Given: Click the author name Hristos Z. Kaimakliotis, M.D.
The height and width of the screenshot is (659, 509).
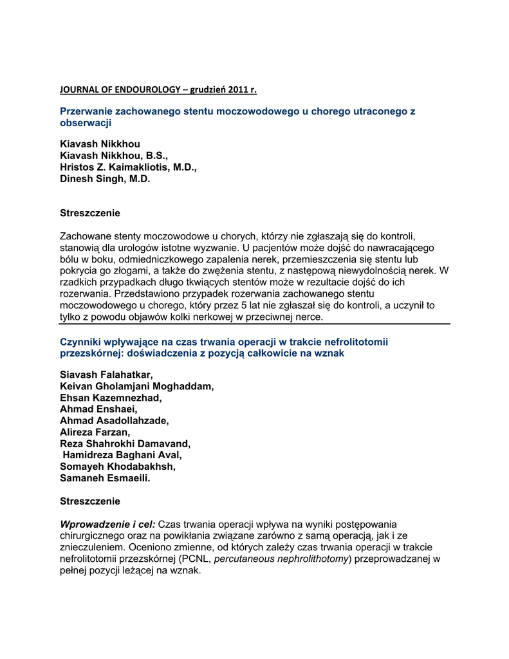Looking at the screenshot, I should point(128,167).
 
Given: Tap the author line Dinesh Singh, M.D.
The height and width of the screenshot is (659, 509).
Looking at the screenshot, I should point(105,180).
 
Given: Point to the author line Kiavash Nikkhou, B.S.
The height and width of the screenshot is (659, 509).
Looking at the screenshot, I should point(113,156).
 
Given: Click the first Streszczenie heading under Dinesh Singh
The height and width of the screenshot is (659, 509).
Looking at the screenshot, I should point(90,212).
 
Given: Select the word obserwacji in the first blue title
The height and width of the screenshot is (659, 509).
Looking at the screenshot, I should point(86,123).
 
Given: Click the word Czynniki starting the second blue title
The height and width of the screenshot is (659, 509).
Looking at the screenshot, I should point(81,342).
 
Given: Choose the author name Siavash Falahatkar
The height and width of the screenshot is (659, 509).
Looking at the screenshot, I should point(106,374).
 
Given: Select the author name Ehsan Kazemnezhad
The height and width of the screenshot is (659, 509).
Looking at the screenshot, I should point(111,397).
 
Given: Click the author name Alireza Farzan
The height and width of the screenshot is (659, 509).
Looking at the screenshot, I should point(95,432).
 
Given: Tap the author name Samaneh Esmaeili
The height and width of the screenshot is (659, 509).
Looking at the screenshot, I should point(104,478).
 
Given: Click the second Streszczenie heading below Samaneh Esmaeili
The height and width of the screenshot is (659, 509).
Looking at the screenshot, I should point(90,501).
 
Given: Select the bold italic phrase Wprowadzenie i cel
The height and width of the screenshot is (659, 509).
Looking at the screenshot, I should point(107,524).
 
